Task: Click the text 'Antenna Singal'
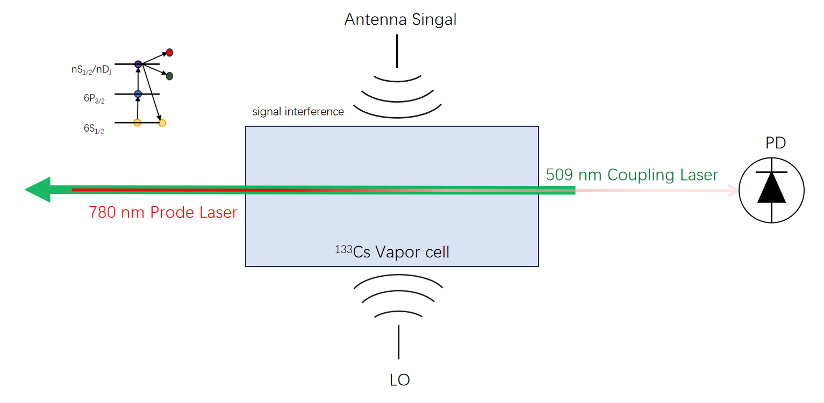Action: (x=400, y=20)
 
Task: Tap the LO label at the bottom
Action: (x=399, y=380)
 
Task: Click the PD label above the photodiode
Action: (x=776, y=143)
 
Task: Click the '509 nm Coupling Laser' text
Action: (x=632, y=175)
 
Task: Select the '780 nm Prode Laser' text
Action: (x=163, y=213)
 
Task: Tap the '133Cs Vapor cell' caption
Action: (x=392, y=251)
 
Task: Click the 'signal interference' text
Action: (x=298, y=112)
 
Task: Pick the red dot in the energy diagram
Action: (x=169, y=53)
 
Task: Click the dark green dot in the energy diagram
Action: (x=169, y=76)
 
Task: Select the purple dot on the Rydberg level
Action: (x=138, y=64)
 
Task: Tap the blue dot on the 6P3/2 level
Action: (x=138, y=94)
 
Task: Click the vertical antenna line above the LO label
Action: (x=399, y=342)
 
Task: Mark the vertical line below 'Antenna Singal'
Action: (x=397, y=51)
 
